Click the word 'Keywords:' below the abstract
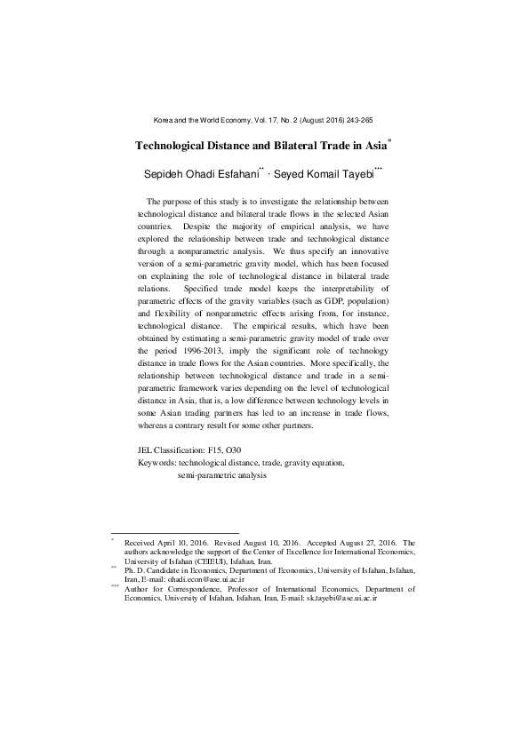(x=157, y=463)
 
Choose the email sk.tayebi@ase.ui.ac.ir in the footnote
(x=342, y=599)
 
